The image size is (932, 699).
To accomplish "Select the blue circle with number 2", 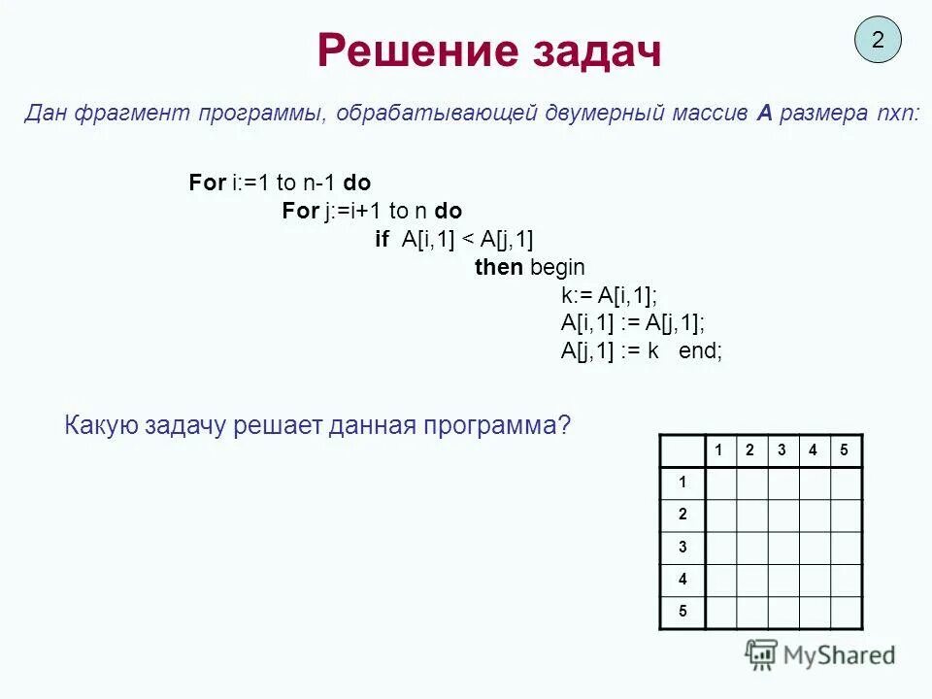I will tap(878, 41).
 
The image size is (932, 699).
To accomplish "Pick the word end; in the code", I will tap(700, 351).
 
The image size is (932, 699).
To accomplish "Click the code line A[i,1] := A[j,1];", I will tap(633, 323).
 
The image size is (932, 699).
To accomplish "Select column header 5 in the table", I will tap(845, 449).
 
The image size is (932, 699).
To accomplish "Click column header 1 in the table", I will tap(719, 449).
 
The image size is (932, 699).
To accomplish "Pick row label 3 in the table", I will tap(682, 547).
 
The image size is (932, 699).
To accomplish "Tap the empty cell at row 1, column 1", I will tap(720, 483).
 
